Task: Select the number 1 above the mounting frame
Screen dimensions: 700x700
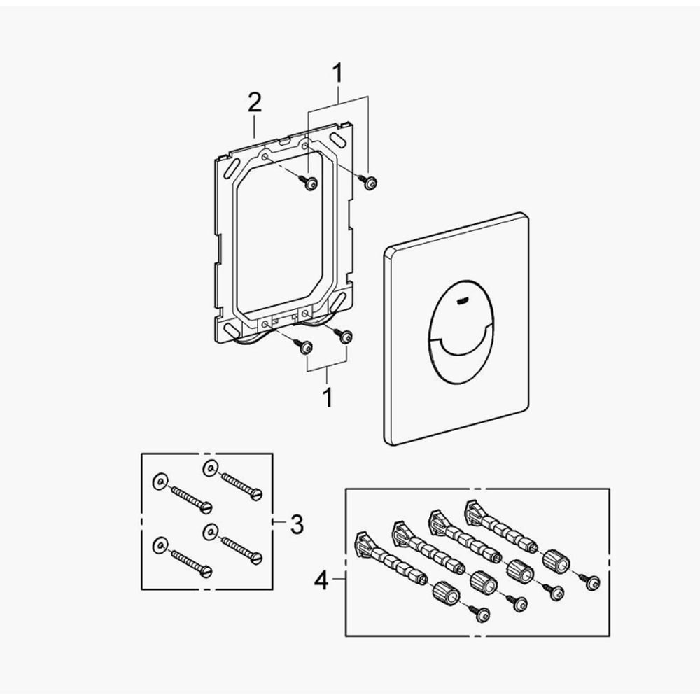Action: pos(338,73)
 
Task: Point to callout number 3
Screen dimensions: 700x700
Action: pos(296,524)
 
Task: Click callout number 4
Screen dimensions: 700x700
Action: pos(322,580)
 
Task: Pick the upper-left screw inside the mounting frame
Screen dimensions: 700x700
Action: pos(309,184)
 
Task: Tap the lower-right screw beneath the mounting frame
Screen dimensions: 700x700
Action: pos(344,337)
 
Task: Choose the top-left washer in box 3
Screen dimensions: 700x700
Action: pos(160,481)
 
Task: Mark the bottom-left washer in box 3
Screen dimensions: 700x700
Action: pos(160,542)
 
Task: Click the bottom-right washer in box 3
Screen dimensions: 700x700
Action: pos(209,532)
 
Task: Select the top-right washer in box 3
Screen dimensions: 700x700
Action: pos(209,467)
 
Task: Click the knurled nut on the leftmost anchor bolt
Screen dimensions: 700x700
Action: pos(445,594)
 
